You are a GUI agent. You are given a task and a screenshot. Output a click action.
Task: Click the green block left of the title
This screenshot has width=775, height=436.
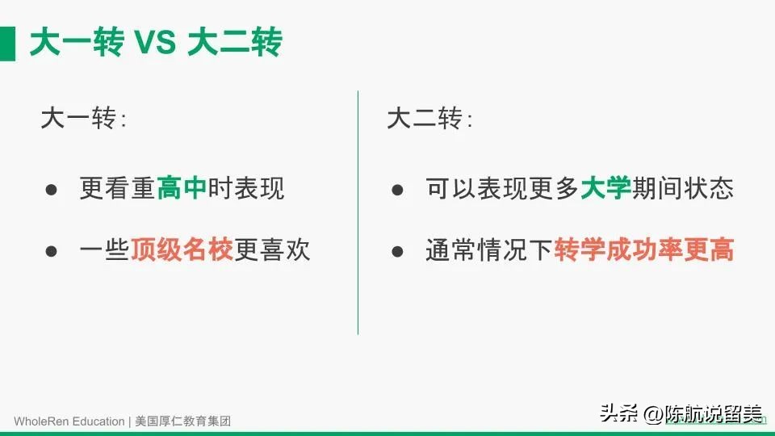point(7,43)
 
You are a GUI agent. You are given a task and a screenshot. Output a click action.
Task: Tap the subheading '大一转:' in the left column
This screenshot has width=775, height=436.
point(83,120)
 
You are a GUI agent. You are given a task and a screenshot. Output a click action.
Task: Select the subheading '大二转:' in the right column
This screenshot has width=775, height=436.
point(429,120)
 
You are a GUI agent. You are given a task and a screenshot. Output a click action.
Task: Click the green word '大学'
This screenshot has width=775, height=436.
point(605,189)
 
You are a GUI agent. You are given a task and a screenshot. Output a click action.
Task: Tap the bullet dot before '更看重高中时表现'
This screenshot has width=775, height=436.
point(52,190)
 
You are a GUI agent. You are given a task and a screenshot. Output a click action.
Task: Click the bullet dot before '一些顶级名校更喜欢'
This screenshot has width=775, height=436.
point(52,251)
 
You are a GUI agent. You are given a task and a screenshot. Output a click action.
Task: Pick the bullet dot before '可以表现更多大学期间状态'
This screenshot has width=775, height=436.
point(397,190)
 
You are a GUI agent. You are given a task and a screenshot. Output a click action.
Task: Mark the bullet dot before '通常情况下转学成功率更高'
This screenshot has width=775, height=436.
point(397,251)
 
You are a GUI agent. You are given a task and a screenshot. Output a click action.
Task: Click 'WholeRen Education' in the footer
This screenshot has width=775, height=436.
point(69,421)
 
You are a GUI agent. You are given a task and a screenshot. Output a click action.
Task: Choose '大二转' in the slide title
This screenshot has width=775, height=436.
point(234,43)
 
